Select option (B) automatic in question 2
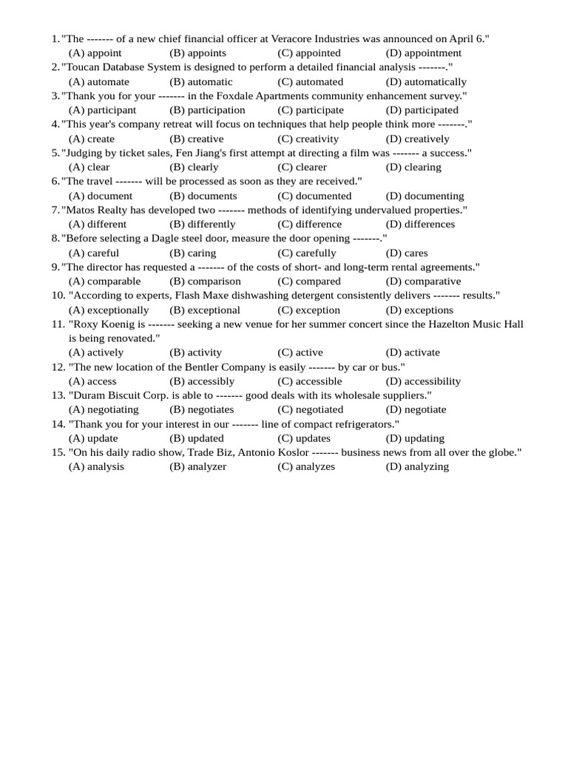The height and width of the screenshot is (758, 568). point(200,81)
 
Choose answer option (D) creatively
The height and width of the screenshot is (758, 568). point(417,138)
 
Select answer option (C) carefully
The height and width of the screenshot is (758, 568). point(306,253)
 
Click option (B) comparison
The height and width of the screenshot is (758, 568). point(205,281)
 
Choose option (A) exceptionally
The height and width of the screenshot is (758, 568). point(109,310)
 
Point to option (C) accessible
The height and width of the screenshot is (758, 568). point(309,381)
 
